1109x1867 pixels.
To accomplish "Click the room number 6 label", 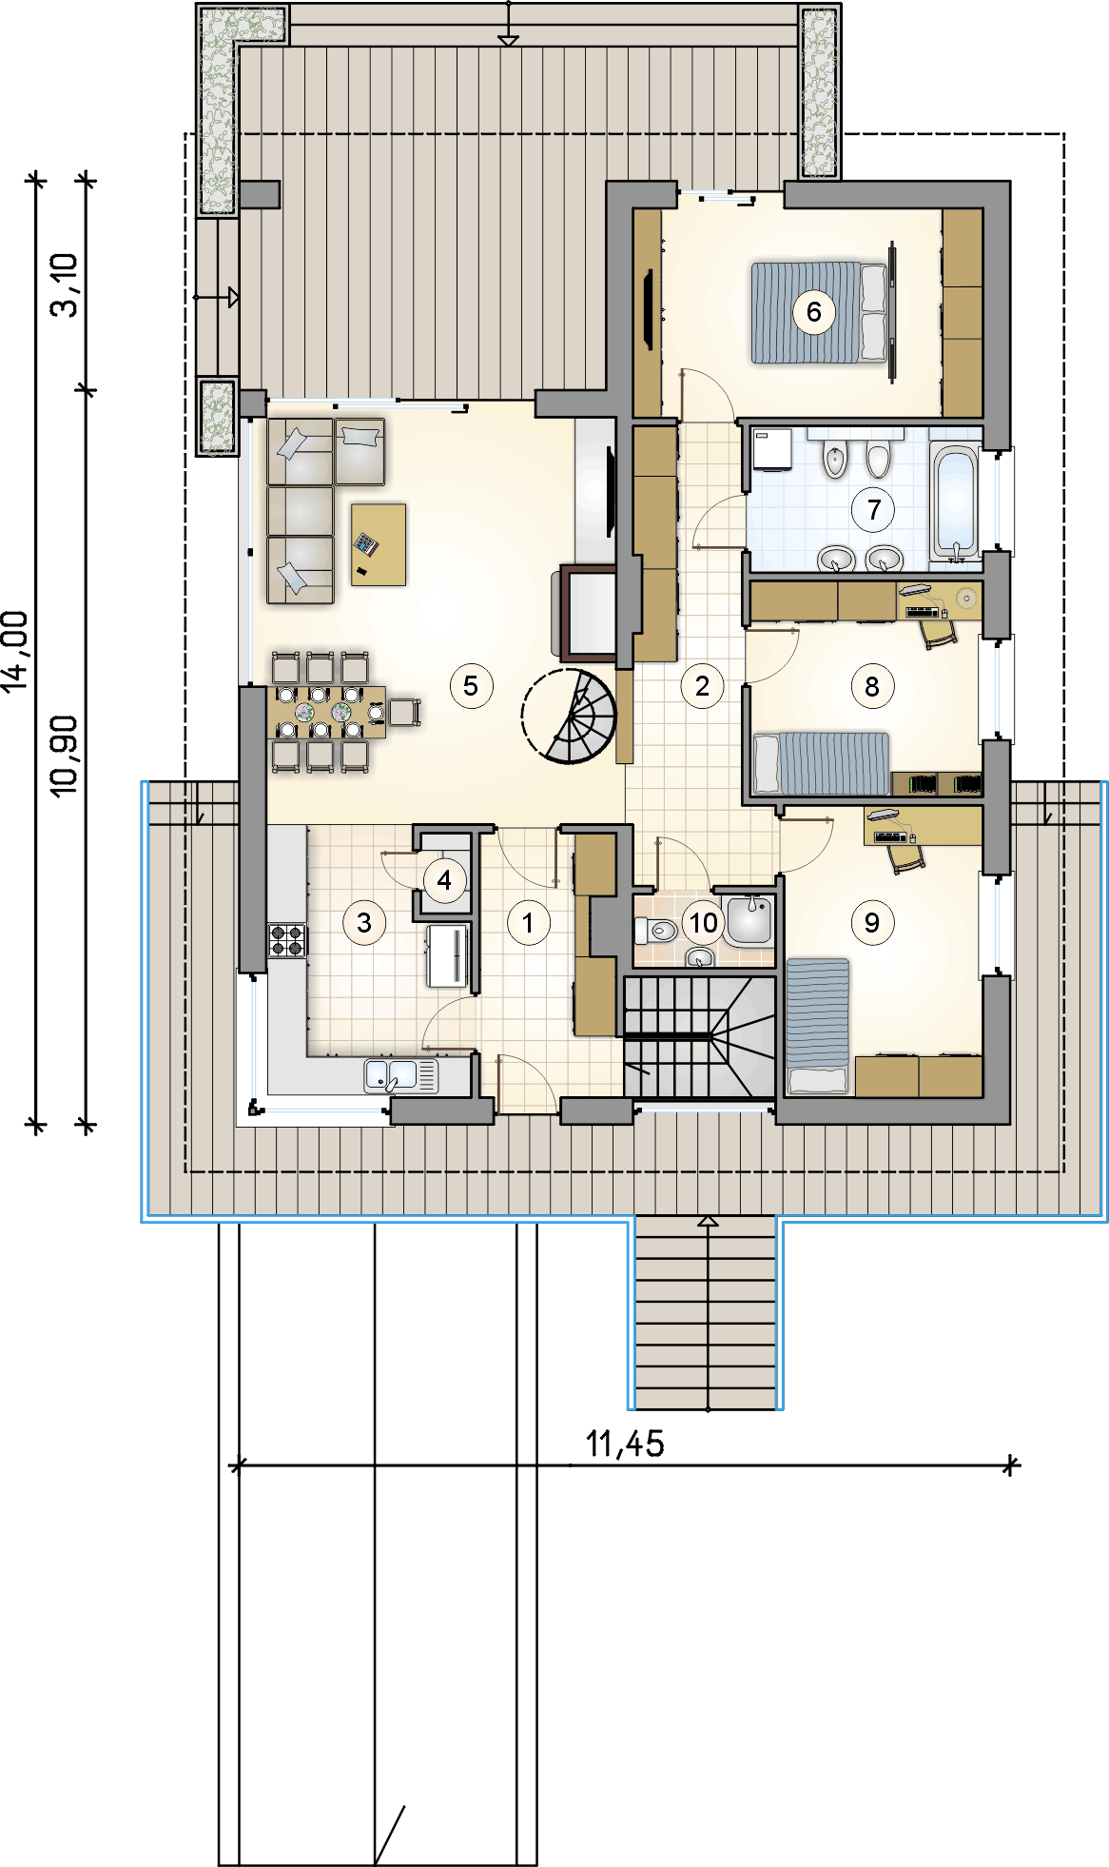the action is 813,311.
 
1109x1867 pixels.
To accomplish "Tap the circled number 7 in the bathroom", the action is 873,509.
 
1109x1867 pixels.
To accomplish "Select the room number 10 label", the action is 703,922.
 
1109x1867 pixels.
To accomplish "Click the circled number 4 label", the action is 444,880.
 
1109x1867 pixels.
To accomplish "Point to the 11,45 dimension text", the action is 625,1444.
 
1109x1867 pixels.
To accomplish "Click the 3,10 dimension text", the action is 65,284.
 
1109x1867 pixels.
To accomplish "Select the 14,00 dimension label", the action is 16,652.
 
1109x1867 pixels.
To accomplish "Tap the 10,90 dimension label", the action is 65,757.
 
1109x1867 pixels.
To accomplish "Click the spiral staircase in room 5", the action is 569,717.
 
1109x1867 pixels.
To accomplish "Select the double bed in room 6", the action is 820,312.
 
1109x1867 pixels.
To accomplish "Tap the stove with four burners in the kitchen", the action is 287,939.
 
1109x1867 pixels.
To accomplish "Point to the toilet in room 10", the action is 655,929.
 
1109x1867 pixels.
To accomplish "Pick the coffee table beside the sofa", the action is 379,544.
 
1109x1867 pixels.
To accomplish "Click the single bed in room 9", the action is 817,1025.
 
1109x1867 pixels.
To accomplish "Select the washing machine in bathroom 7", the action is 772,450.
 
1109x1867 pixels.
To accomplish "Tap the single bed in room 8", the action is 821,763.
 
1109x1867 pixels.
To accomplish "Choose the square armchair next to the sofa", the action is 360,451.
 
